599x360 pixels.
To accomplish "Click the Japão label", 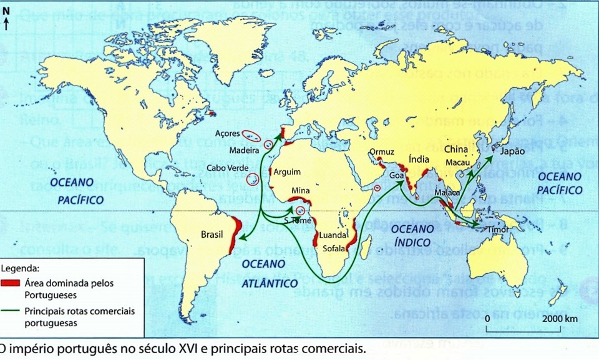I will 512,151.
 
